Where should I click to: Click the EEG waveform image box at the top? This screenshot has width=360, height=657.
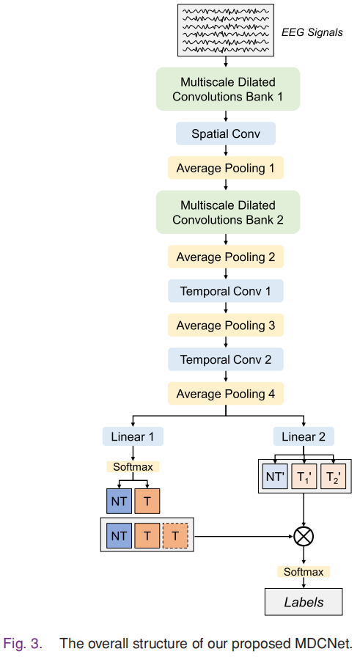pos(225,30)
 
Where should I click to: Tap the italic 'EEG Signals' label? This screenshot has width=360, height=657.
pos(312,33)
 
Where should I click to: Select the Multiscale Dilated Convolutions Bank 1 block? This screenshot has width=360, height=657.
pos(227,89)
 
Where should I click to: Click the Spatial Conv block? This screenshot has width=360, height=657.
pos(226,133)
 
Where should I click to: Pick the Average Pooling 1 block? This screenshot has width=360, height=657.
pos(226,168)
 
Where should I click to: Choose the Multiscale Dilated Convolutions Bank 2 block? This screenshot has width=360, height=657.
pos(227,212)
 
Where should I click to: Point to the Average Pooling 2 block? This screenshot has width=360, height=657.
pos(226,257)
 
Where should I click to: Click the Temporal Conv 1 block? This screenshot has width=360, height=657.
pos(226,291)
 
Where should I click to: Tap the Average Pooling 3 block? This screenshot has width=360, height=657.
pos(226,325)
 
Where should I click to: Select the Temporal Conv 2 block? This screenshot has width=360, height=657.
pos(226,359)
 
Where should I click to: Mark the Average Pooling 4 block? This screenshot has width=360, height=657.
pos(226,394)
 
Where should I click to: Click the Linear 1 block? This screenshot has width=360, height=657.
pos(133,437)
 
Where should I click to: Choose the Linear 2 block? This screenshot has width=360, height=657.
pos(304,437)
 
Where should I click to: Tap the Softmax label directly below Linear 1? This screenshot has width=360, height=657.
pos(133,466)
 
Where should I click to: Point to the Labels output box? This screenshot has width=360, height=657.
pos(304,602)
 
